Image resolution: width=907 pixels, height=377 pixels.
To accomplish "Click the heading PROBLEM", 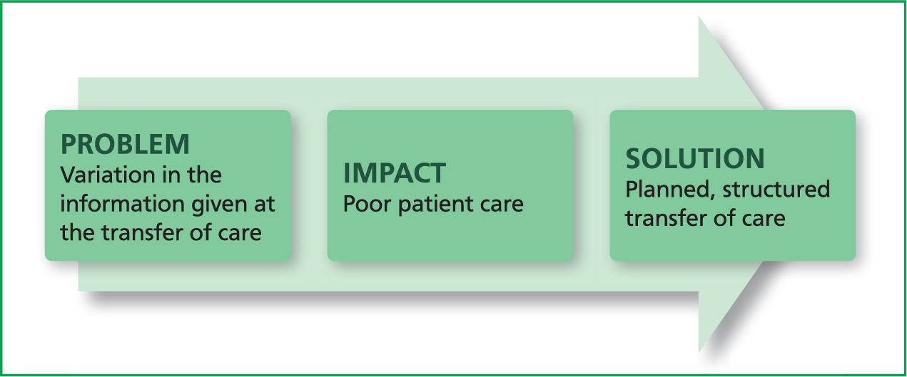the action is [x=125, y=145].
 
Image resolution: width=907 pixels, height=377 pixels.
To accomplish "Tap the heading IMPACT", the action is [x=395, y=173].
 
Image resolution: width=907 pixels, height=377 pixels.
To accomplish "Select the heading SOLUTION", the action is [x=695, y=158].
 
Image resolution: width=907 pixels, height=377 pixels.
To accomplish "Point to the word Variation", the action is [x=108, y=175].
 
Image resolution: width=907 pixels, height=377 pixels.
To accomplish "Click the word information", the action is [x=121, y=204].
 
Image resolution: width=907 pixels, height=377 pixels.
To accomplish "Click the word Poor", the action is [x=367, y=204].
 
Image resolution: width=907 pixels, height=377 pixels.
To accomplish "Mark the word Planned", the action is [x=670, y=190].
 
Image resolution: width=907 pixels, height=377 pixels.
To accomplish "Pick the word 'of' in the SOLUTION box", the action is [x=724, y=219].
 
